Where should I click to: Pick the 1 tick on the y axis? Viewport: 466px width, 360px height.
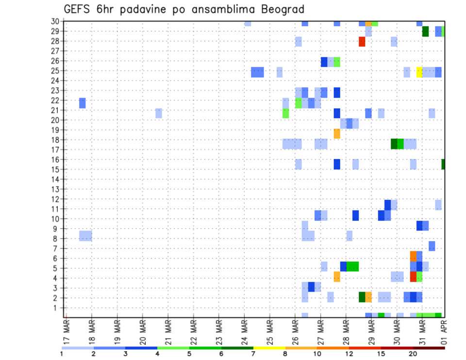point(57,308)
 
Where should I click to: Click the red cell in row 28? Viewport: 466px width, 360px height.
point(362,42)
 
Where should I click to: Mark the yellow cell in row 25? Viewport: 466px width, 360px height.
point(419,72)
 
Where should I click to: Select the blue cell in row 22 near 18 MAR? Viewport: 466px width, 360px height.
point(83,103)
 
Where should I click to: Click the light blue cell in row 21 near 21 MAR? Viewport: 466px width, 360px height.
point(158,113)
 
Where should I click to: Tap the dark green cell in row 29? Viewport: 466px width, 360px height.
point(425,32)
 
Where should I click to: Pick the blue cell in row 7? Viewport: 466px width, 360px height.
point(432,246)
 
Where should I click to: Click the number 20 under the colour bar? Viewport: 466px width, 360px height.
point(413,354)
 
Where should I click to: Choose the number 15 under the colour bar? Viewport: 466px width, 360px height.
point(381,354)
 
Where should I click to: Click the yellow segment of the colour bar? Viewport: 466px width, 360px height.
point(269,348)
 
